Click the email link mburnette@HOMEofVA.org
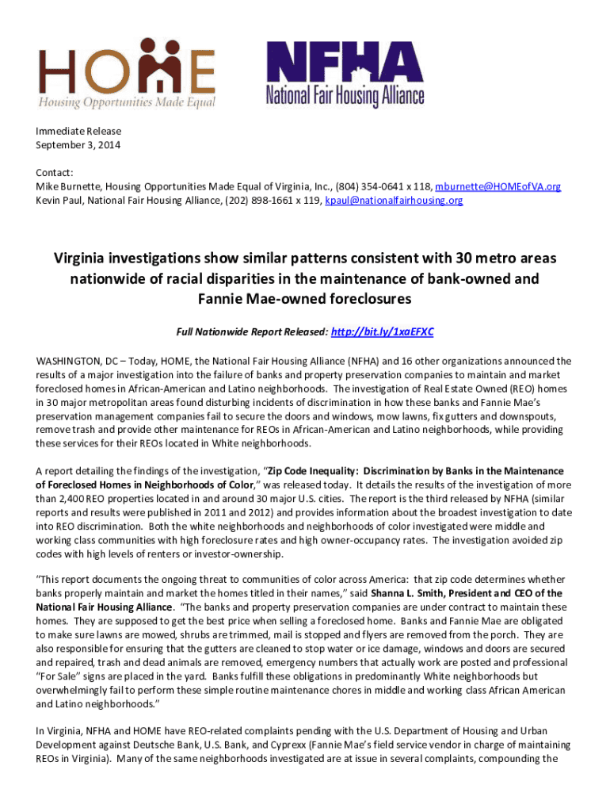point(498,186)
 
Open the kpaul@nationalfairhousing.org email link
point(394,201)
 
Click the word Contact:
point(55,172)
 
